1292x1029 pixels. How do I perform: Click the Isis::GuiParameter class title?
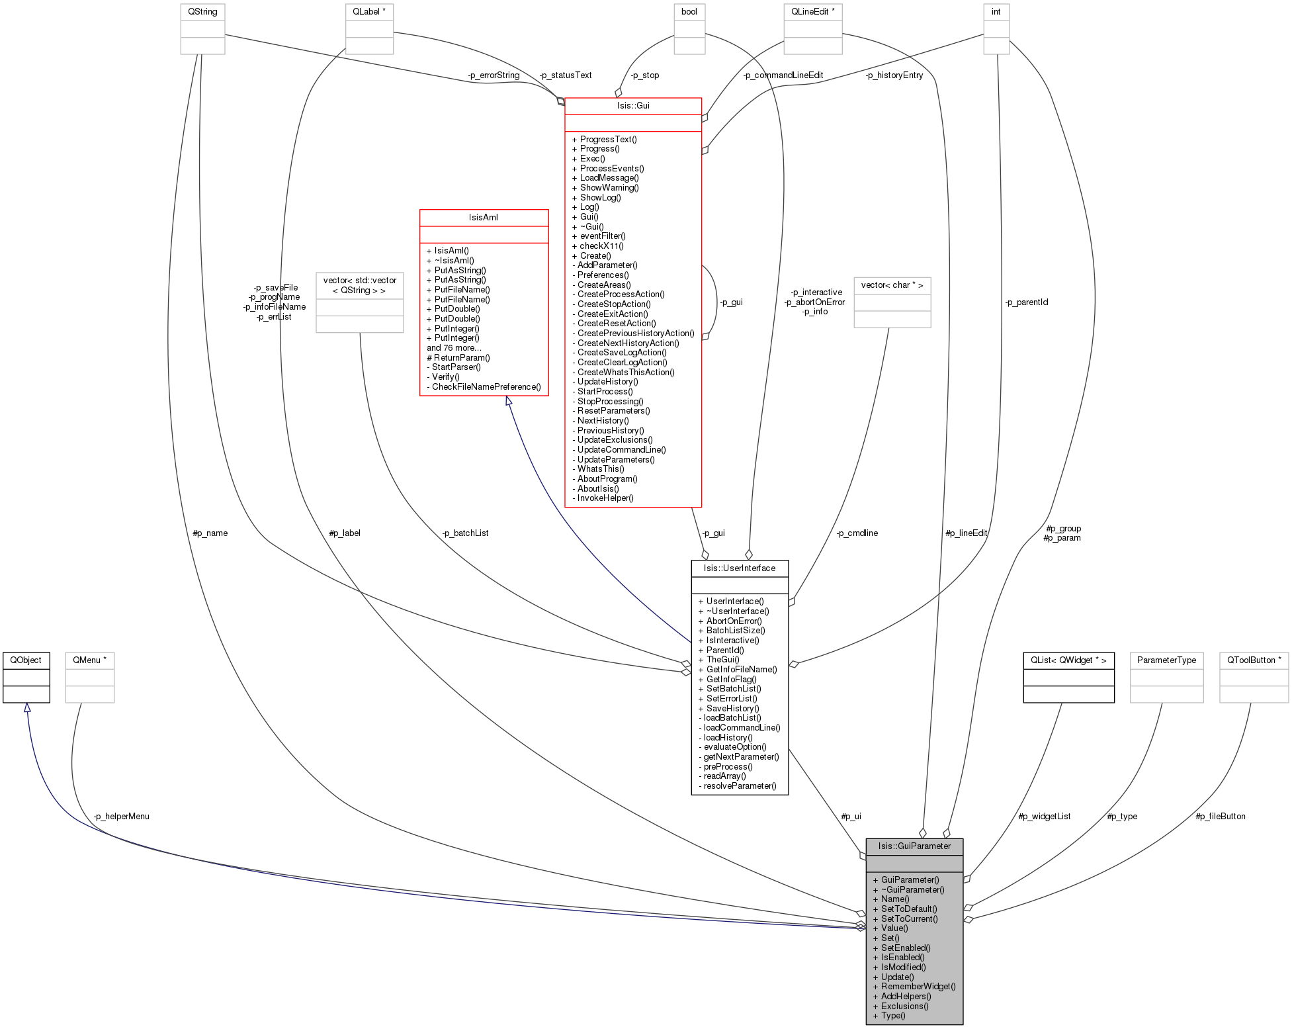pos(914,846)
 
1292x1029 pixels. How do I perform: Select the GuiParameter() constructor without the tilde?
pos(910,880)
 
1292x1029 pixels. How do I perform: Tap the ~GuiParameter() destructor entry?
pos(912,890)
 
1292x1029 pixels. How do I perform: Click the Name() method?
pos(895,899)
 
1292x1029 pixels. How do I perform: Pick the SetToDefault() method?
pos(909,909)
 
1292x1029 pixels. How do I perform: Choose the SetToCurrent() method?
pos(909,919)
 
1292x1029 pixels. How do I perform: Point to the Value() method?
pos(894,928)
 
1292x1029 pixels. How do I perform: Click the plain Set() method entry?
pos(890,938)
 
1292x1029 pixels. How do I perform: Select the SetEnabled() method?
pos(906,948)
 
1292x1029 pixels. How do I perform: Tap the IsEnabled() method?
pos(902,958)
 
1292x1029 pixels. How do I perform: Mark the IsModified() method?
pos(903,967)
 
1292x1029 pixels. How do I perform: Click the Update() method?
pos(897,977)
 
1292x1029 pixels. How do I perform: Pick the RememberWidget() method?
pos(918,987)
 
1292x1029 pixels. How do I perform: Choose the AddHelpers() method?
pos(906,997)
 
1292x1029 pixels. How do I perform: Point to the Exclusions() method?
pos(904,1007)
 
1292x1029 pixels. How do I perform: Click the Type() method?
pos(893,1016)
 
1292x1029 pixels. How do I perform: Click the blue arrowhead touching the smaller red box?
pos(509,401)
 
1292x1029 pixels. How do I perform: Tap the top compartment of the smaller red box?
pos(484,218)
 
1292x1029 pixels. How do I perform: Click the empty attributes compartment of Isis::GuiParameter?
pos(914,864)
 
